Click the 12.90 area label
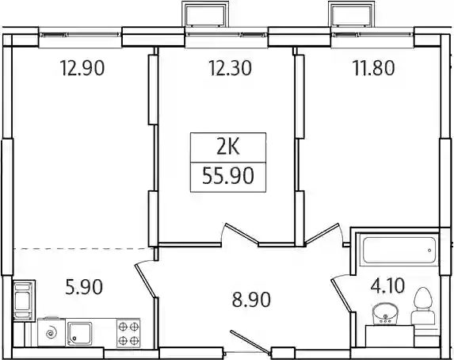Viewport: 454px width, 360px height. pyautogui.click(x=82, y=68)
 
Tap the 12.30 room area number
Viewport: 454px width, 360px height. pyautogui.click(x=231, y=68)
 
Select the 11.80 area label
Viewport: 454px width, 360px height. pyautogui.click(x=373, y=68)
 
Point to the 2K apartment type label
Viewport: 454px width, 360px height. pyautogui.click(x=228, y=147)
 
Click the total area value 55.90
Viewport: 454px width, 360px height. pyautogui.click(x=228, y=176)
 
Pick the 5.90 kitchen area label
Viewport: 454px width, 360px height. pyautogui.click(x=84, y=286)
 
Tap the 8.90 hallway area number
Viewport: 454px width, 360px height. pyautogui.click(x=251, y=300)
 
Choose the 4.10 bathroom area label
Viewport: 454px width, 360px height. pyautogui.click(x=387, y=285)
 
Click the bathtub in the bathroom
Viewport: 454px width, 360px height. pyautogui.click(x=399, y=250)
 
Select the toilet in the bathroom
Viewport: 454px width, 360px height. pyautogui.click(x=423, y=306)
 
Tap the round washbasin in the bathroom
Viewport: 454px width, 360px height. pyautogui.click(x=385, y=314)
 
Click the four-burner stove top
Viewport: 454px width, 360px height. pyautogui.click(x=128, y=333)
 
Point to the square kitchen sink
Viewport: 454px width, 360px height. pyautogui.click(x=79, y=333)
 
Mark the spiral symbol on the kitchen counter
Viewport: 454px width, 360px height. pyautogui.click(x=52, y=333)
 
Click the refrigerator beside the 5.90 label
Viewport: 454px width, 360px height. pyautogui.click(x=24, y=301)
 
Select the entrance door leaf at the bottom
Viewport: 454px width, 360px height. pyautogui.click(x=250, y=342)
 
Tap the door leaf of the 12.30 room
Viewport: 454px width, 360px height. pyautogui.click(x=242, y=233)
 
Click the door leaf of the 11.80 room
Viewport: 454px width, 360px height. pyautogui.click(x=322, y=233)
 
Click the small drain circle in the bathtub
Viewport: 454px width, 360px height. pyautogui.click(x=429, y=251)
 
